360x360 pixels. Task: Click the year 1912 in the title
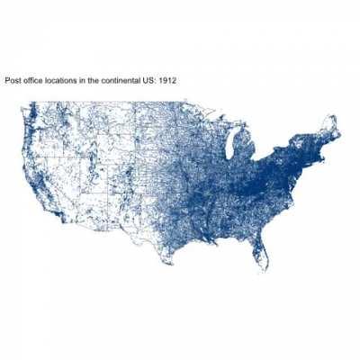pos(166,81)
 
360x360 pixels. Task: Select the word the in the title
pos(97,81)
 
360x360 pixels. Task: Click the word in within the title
pos(86,81)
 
